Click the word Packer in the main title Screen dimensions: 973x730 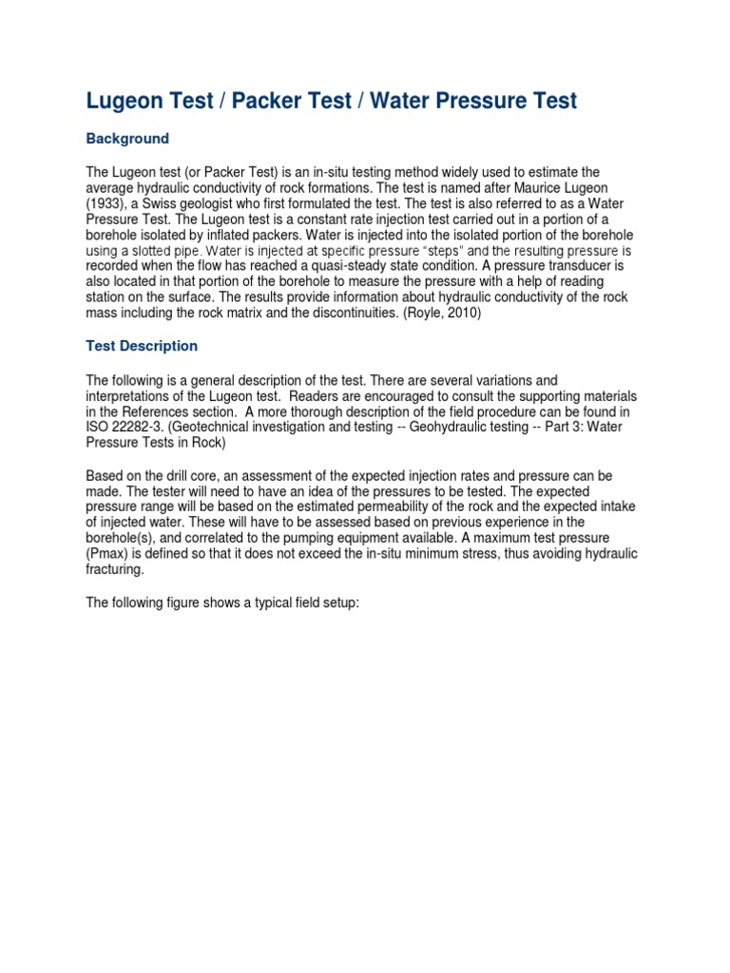click(x=267, y=101)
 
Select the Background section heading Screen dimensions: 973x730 click(x=127, y=139)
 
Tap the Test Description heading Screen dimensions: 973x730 click(x=142, y=346)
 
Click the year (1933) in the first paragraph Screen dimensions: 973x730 click(x=112, y=203)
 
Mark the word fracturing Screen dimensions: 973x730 click(x=118, y=569)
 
